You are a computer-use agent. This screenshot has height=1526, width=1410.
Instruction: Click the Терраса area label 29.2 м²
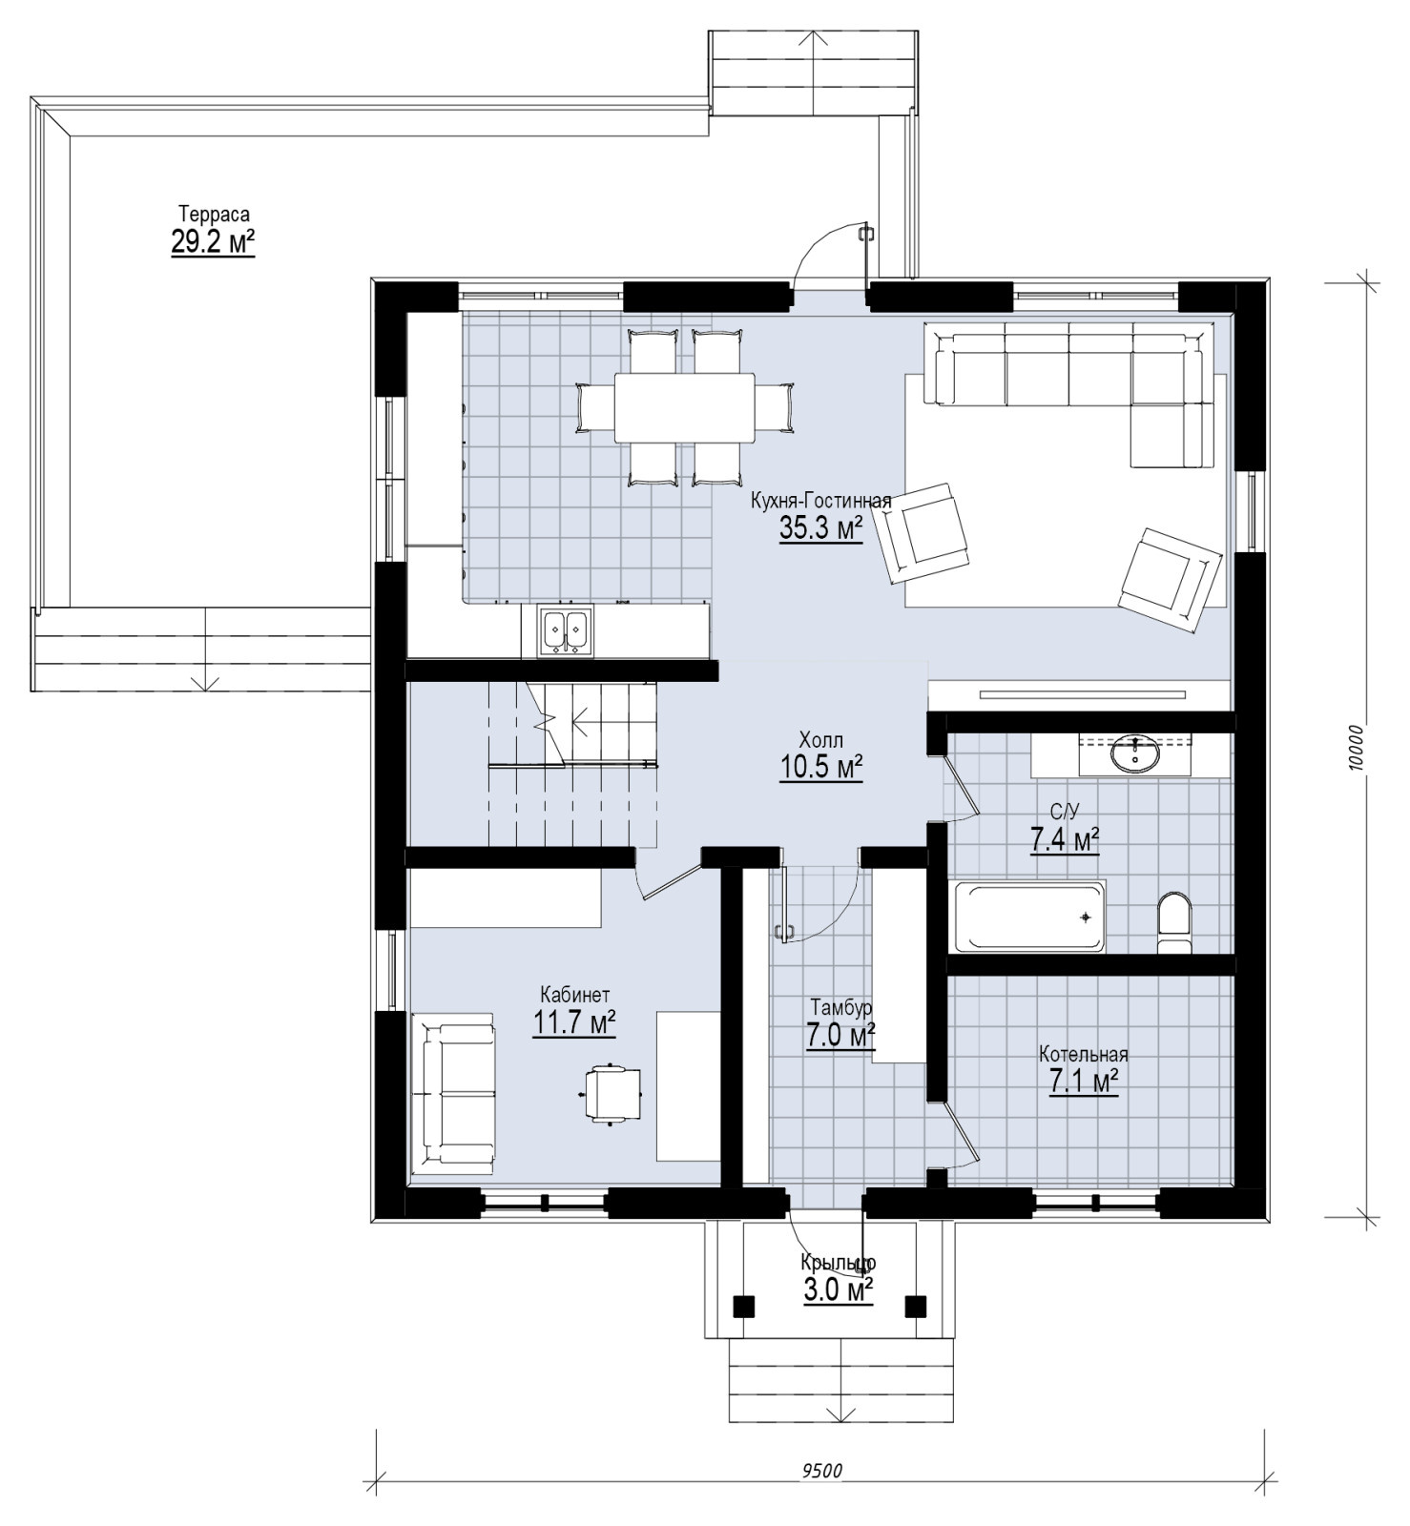tap(213, 242)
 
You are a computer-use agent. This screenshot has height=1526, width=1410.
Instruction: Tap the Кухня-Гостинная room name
tap(821, 502)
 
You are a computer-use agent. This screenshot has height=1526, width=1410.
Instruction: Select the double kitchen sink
tap(566, 630)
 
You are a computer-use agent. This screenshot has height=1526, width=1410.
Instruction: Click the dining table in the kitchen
tap(685, 407)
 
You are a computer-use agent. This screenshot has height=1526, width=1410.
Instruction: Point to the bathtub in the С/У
tap(1030, 917)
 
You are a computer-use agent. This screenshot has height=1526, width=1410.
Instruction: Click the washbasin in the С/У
tap(1135, 753)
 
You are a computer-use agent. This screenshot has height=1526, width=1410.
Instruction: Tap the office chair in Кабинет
tap(612, 1093)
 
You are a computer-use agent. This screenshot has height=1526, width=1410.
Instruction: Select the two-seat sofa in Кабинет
tap(454, 1089)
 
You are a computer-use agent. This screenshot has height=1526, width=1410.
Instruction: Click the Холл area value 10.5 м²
tap(821, 767)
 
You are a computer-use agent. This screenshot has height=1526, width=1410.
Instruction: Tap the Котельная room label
tap(1084, 1054)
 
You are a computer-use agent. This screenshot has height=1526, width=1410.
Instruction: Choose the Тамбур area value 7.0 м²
tap(840, 1036)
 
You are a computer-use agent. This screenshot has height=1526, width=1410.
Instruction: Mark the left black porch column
tap(743, 1305)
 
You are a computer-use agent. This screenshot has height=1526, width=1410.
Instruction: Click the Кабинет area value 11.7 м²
tap(573, 1023)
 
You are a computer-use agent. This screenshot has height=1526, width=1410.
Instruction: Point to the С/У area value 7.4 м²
tap(1065, 840)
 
